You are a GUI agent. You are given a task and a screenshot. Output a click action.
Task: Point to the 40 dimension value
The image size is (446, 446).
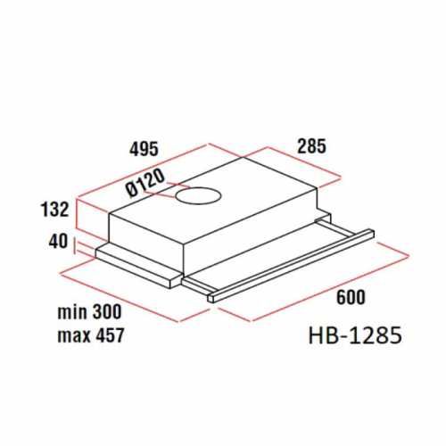pyautogui.click(x=58, y=241)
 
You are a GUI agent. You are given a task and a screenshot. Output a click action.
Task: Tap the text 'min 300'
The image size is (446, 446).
pyautogui.click(x=87, y=313)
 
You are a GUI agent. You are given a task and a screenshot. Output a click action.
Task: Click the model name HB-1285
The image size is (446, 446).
pyautogui.click(x=352, y=336)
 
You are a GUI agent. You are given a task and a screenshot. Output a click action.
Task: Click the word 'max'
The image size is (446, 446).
pyautogui.click(x=70, y=336)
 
